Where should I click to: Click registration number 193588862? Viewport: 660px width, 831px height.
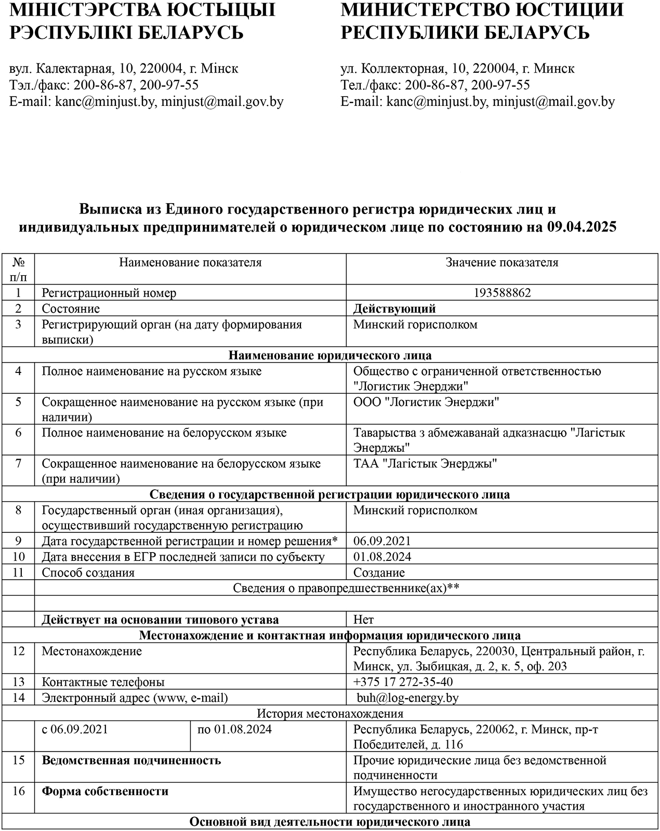pyautogui.click(x=502, y=293)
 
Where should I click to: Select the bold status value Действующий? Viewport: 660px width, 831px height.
pyautogui.click(x=394, y=309)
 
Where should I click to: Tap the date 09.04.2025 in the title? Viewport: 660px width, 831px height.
pyautogui.click(x=582, y=227)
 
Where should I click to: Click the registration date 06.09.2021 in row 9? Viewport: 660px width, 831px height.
pyautogui.click(x=382, y=541)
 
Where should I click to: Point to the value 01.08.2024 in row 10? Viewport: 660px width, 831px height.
pyautogui.click(x=382, y=557)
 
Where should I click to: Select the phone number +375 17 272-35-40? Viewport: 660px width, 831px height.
pyautogui.click(x=403, y=682)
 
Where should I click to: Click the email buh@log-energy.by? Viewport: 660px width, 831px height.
pyautogui.click(x=407, y=698)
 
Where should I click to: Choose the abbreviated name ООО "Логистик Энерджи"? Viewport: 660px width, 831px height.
pyautogui.click(x=426, y=402)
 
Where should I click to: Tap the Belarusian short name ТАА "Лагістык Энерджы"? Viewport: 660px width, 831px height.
pyautogui.click(x=425, y=463)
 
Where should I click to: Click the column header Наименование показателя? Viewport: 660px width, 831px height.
pyautogui.click(x=190, y=262)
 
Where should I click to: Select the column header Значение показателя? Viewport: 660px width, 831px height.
pyautogui.click(x=502, y=262)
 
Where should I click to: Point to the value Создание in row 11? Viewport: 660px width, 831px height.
pyautogui.click(x=379, y=572)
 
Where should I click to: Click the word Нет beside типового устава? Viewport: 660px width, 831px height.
pyautogui.click(x=363, y=620)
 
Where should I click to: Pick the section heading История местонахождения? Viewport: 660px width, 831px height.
pyautogui.click(x=330, y=713)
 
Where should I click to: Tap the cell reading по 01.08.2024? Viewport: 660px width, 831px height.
pyautogui.click(x=234, y=729)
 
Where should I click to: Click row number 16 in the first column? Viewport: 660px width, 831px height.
pyautogui.click(x=19, y=791)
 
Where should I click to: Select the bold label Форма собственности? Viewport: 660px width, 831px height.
pyautogui.click(x=105, y=791)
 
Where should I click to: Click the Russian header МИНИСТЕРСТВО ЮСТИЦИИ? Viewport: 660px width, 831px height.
pyautogui.click(x=482, y=10)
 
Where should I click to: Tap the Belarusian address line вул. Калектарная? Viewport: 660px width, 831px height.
pyautogui.click(x=124, y=69)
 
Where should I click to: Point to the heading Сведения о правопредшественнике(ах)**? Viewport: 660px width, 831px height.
pyautogui.click(x=346, y=588)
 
